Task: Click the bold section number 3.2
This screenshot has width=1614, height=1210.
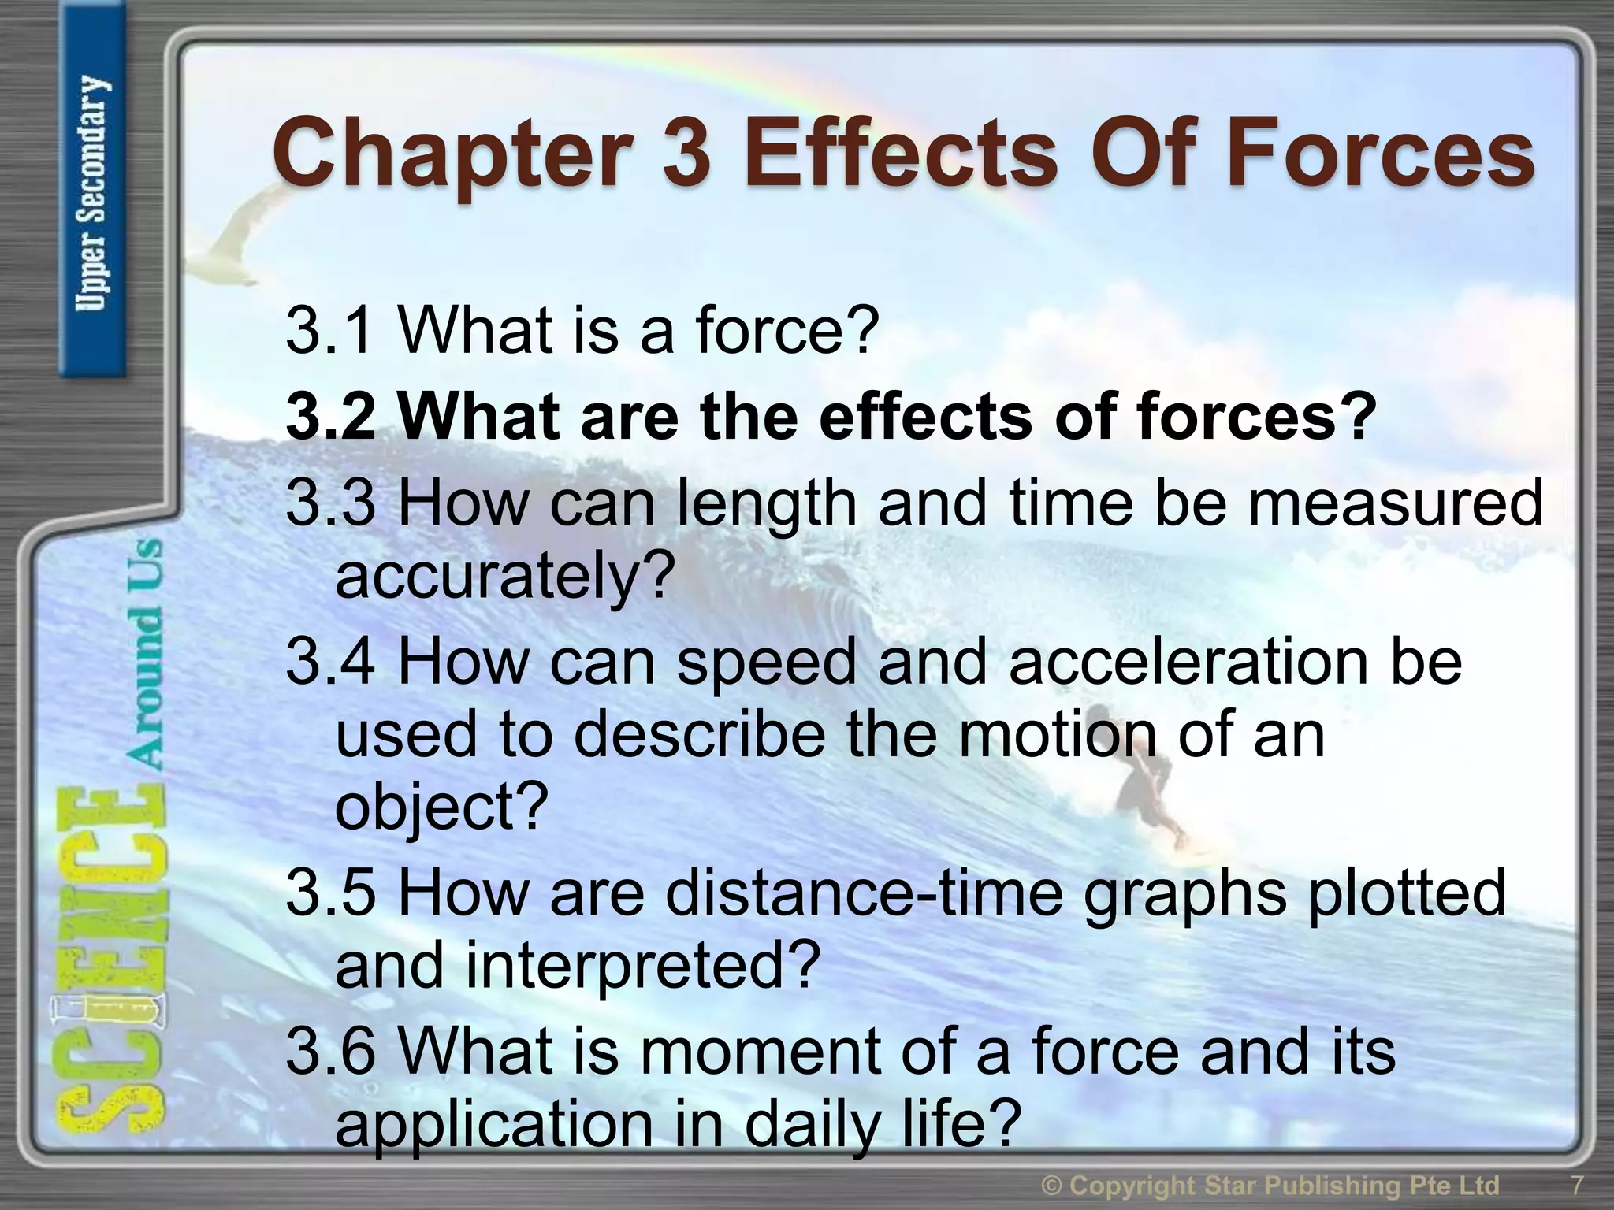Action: [331, 418]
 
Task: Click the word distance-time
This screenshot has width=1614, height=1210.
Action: [864, 894]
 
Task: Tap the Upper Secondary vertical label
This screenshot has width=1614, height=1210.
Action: [93, 193]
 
